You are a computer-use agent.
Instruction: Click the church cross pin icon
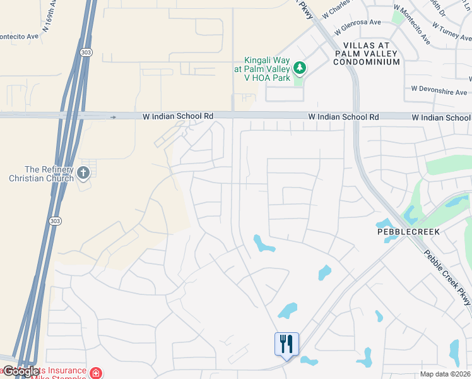83,172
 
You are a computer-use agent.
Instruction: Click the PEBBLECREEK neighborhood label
408,232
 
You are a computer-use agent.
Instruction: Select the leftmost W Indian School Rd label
178,117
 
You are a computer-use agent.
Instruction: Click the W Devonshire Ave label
439,91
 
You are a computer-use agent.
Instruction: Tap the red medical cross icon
95,373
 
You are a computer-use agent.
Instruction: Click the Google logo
20,371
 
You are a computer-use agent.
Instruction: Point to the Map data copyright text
445,374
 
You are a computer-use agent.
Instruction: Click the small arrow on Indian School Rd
113,117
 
